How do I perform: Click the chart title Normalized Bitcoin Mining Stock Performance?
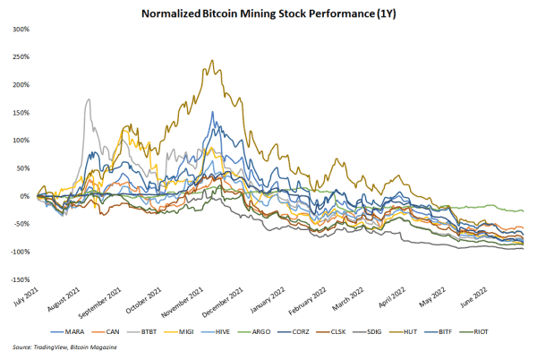(x=268, y=13)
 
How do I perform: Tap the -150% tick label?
(x=16, y=279)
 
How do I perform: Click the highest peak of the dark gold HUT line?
(x=211, y=61)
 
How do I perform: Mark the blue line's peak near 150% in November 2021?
(x=212, y=113)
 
